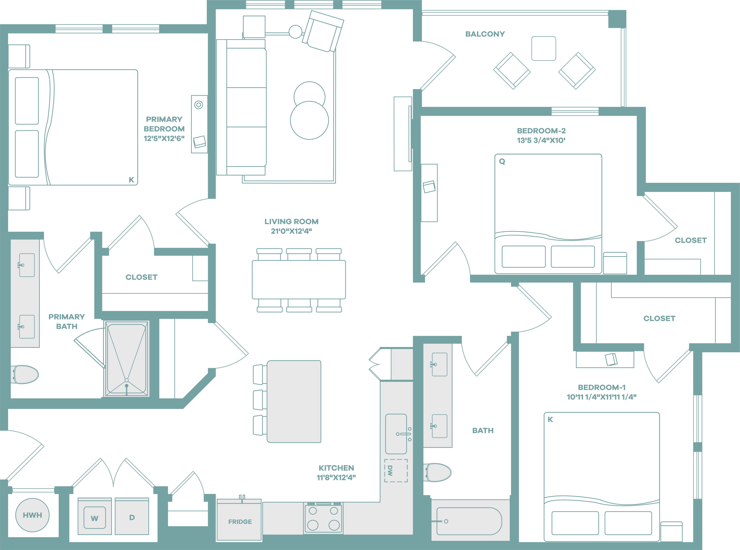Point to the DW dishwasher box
(396, 470)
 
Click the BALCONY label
(485, 34)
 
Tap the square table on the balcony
(543, 49)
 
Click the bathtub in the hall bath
(469, 521)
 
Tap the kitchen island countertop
(294, 401)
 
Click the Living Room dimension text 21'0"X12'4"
(291, 231)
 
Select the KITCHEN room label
(336, 468)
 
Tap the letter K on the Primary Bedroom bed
(131, 180)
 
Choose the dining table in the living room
(299, 280)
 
